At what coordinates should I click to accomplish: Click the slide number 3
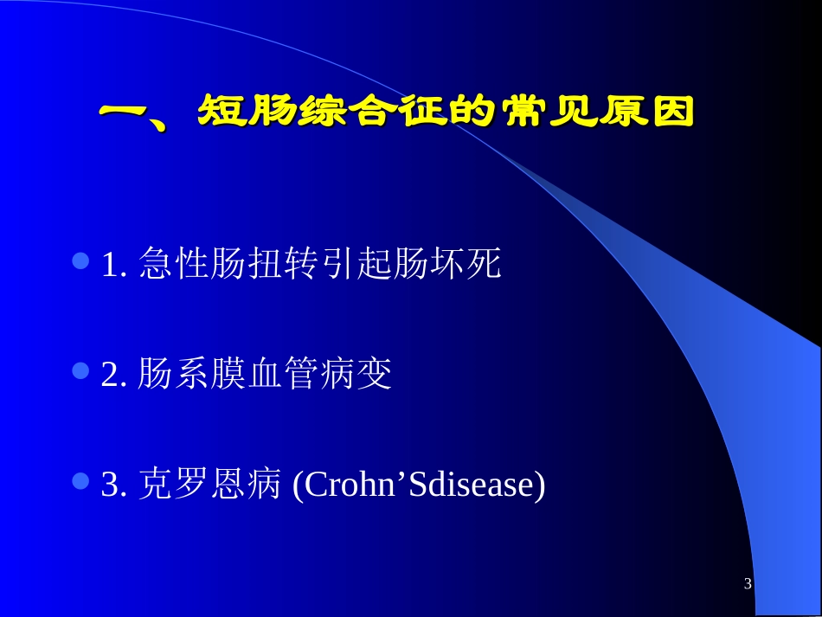click(x=748, y=585)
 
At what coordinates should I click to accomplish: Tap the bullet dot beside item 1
click(x=82, y=260)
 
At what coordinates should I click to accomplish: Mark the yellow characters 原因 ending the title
click(x=641, y=112)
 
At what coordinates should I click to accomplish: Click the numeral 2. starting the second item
click(x=114, y=376)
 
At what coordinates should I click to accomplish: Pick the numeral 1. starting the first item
click(x=114, y=266)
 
